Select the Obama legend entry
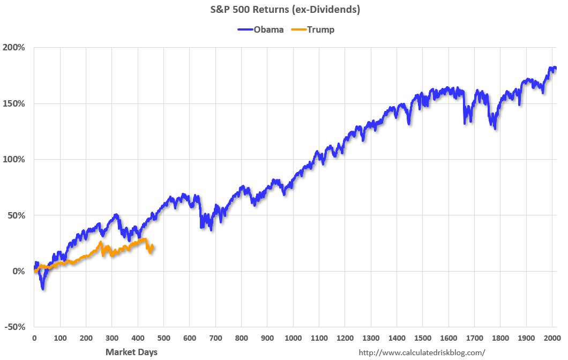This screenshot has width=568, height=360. point(261,29)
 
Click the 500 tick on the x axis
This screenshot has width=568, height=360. point(163,339)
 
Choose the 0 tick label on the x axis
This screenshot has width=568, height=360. point(34,339)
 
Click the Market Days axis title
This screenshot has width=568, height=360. point(131,352)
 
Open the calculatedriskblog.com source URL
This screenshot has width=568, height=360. point(421,352)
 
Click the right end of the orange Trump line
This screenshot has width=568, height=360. point(153,246)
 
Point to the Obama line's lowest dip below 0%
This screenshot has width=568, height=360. point(43,288)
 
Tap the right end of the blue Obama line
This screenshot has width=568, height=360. point(555,68)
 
